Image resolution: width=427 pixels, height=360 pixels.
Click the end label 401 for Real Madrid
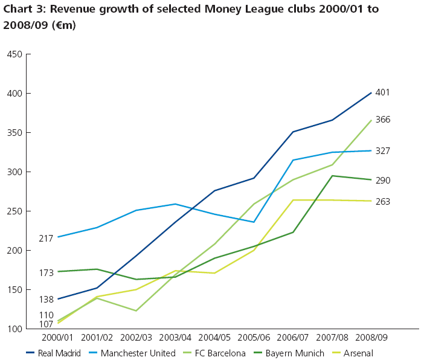(x=382, y=93)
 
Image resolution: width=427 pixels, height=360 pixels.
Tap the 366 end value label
(x=382, y=120)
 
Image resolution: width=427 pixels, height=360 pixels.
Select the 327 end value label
(x=382, y=151)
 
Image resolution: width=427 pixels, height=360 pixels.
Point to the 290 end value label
(x=382, y=180)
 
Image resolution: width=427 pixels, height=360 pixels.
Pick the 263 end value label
(x=382, y=202)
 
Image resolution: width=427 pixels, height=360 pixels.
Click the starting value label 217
(x=47, y=239)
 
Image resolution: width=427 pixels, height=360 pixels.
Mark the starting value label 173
(x=47, y=272)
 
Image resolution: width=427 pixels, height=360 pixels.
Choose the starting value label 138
(x=47, y=299)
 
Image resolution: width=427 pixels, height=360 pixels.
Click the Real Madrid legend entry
(x=54, y=353)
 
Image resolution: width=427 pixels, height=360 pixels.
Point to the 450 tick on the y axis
(x=14, y=54)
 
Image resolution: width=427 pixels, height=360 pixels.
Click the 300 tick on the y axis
(x=14, y=172)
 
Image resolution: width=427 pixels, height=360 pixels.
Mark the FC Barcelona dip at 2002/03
(x=136, y=310)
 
